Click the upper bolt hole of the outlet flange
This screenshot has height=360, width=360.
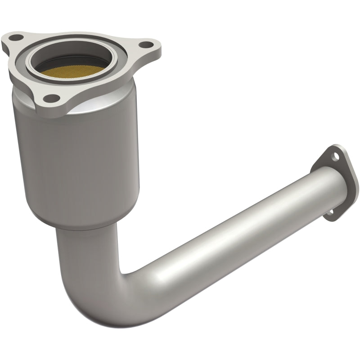click(335, 157)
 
